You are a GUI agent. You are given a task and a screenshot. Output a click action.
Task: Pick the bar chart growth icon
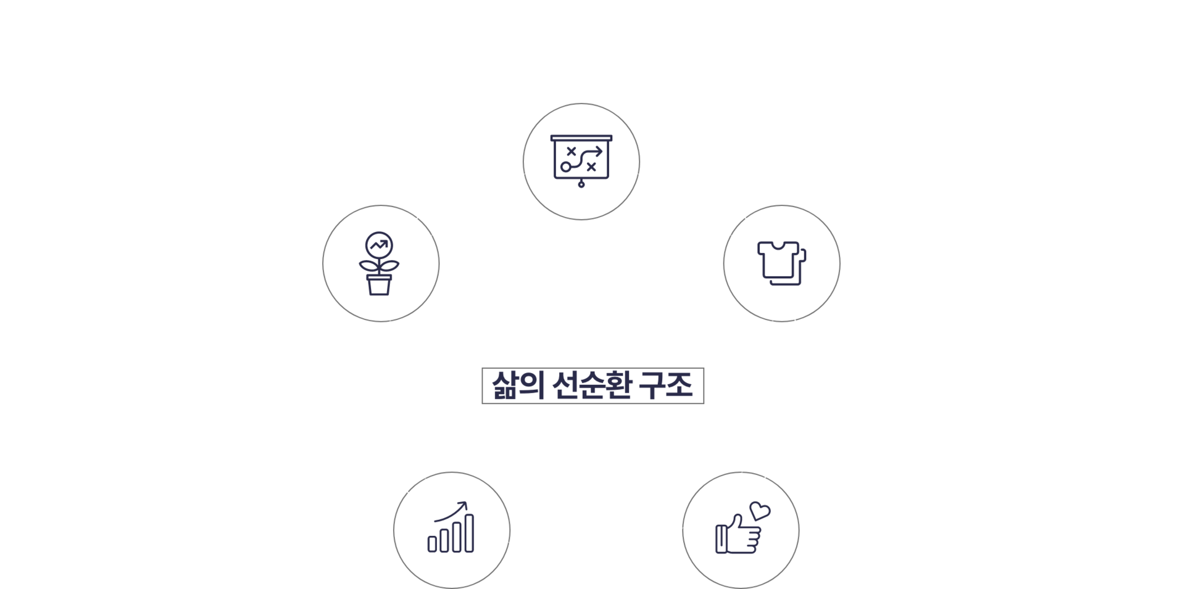452,529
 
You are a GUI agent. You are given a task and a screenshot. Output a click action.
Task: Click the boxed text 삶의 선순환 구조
592,386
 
